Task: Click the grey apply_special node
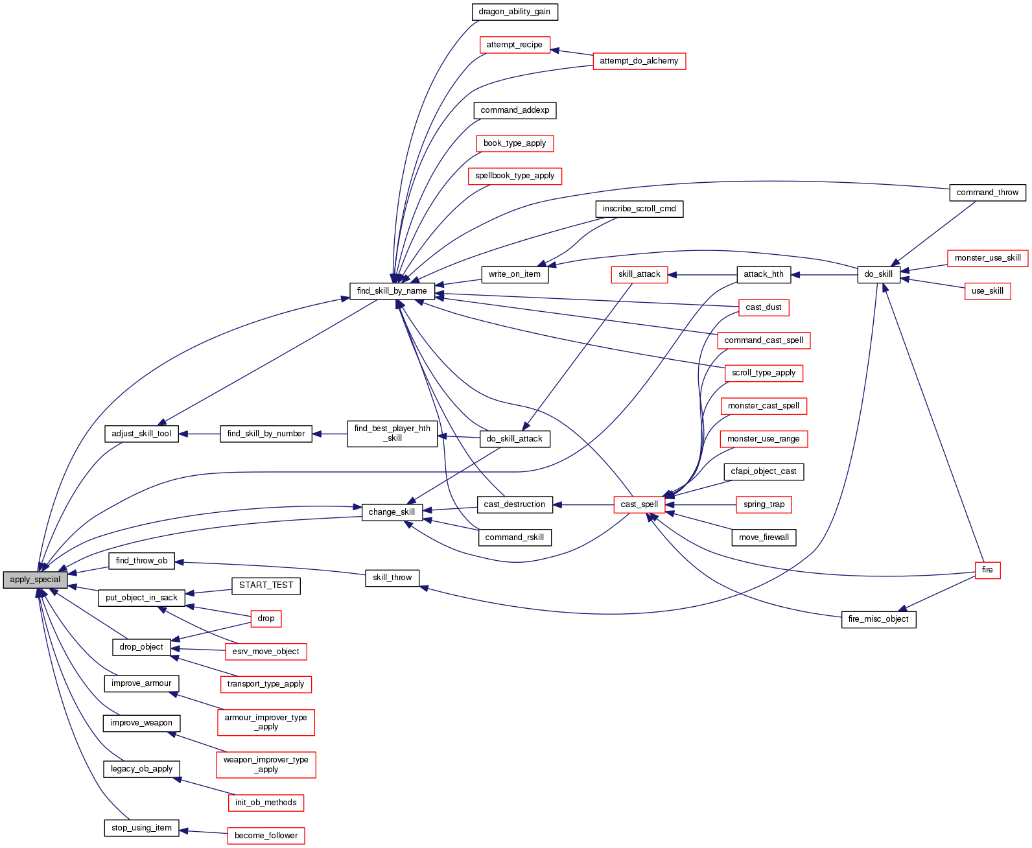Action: pyautogui.click(x=35, y=580)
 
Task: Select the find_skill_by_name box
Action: pyautogui.click(x=392, y=291)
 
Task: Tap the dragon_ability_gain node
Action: pyautogui.click(x=514, y=12)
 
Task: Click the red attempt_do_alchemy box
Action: pyautogui.click(x=639, y=61)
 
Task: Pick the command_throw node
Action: pyautogui.click(x=987, y=193)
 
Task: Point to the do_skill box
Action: pyautogui.click(x=878, y=274)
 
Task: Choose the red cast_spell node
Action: pyautogui.click(x=639, y=504)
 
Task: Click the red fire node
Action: pyautogui.click(x=987, y=570)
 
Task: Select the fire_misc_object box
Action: pyautogui.click(x=878, y=619)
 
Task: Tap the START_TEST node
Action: pyautogui.click(x=266, y=585)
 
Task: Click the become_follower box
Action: pyautogui.click(x=266, y=836)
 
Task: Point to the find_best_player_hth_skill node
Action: pyautogui.click(x=392, y=434)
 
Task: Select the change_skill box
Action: pyautogui.click(x=392, y=512)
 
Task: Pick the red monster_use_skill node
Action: pyautogui.click(x=987, y=258)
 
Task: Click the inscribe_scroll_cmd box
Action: pyautogui.click(x=639, y=209)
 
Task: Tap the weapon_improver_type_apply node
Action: pyautogui.click(x=266, y=764)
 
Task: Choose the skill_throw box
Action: pyautogui.click(x=392, y=578)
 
